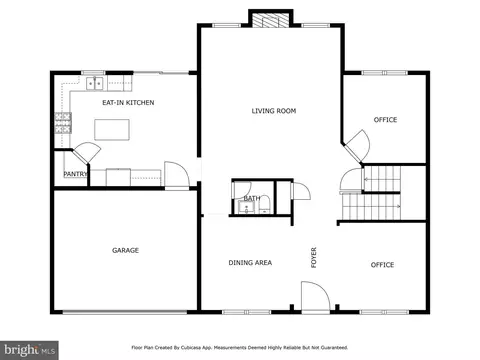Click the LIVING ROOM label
click(x=274, y=111)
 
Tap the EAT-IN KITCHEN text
click(x=128, y=102)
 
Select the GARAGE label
click(x=125, y=250)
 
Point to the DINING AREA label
click(x=250, y=263)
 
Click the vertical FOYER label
click(x=314, y=258)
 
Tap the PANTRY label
click(x=75, y=174)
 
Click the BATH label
click(x=252, y=198)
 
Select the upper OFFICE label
click(x=385, y=120)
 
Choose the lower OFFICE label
click(x=382, y=265)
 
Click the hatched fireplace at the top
click(x=270, y=20)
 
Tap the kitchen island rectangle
click(x=112, y=130)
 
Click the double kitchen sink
click(x=95, y=83)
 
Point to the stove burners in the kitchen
click(x=63, y=123)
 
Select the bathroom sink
click(x=247, y=208)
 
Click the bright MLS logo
click(x=29, y=350)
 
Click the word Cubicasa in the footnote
click(x=191, y=348)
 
